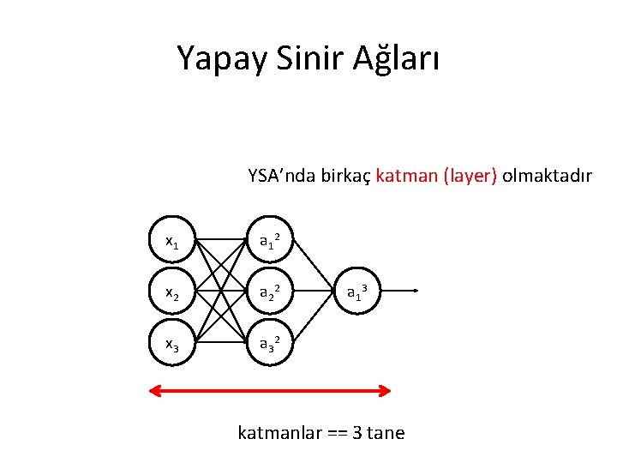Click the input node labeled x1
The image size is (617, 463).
(172, 243)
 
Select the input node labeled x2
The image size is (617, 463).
(172, 293)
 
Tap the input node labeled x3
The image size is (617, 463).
(172, 345)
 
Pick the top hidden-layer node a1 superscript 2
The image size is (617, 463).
(272, 243)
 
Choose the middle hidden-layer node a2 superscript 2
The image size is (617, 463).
(272, 293)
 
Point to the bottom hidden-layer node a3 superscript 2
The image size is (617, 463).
(272, 345)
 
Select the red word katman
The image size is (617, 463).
(406, 177)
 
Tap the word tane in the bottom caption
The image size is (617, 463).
(386, 432)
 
